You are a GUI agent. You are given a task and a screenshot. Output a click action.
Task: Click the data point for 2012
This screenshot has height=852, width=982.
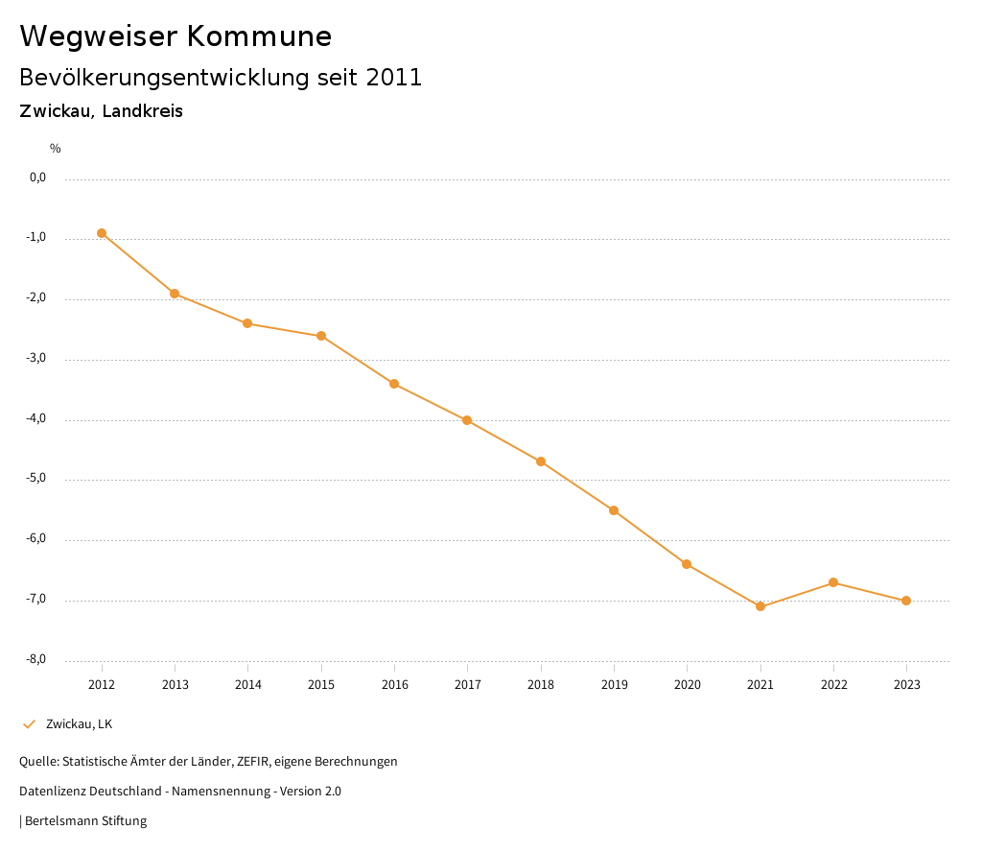click(x=102, y=233)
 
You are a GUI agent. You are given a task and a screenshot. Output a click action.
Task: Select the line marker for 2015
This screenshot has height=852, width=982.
click(x=321, y=336)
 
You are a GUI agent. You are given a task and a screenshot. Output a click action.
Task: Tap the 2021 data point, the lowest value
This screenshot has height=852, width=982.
click(x=760, y=606)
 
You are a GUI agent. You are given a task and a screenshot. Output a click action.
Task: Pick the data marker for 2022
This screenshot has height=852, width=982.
click(x=833, y=582)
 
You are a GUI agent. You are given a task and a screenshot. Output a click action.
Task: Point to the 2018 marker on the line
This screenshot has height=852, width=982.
click(x=541, y=461)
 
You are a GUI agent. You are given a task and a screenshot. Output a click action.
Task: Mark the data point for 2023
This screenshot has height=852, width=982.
click(x=906, y=601)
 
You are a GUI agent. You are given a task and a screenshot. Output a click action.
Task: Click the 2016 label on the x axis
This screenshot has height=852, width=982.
click(x=394, y=685)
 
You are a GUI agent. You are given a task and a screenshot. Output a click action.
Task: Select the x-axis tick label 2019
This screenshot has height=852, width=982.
click(x=614, y=685)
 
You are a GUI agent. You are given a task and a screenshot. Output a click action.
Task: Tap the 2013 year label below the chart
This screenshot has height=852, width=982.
click(x=175, y=685)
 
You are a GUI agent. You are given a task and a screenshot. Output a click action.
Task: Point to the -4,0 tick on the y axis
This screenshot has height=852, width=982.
click(x=37, y=419)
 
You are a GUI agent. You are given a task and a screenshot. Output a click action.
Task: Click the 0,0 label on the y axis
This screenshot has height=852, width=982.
click(x=38, y=177)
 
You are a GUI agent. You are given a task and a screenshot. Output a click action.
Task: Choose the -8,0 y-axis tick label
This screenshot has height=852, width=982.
click(x=37, y=660)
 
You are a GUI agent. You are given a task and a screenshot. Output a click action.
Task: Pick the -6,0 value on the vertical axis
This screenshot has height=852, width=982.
click(x=37, y=539)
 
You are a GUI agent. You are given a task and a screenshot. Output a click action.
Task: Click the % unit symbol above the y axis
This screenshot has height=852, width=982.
click(x=56, y=149)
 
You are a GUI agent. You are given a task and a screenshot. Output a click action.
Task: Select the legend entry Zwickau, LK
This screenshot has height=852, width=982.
click(x=79, y=724)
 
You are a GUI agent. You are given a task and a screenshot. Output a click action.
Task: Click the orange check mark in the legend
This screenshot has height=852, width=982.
click(x=29, y=724)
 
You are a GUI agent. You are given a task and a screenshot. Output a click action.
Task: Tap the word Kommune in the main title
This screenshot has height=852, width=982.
click(x=259, y=36)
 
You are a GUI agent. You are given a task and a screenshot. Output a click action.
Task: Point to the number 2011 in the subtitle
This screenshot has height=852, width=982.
click(x=394, y=78)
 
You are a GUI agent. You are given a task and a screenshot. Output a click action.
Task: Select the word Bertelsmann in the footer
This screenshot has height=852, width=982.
click(x=60, y=821)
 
